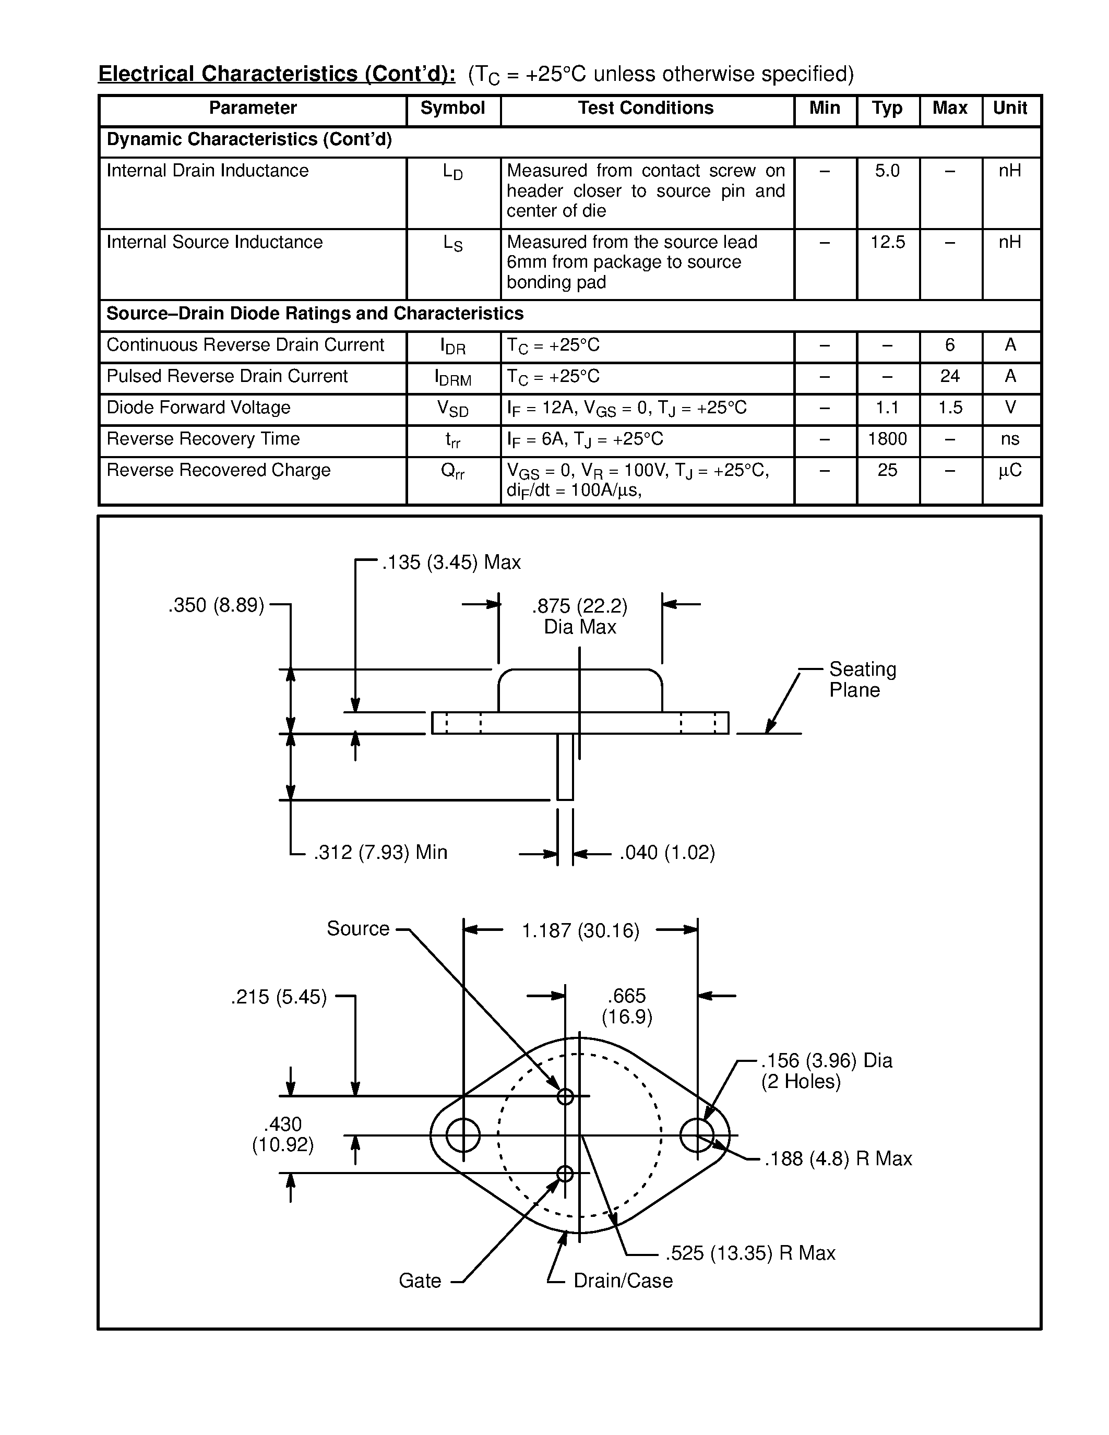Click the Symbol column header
tap(452, 109)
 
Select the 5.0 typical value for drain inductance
tap(887, 171)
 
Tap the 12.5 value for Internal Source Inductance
tap(888, 243)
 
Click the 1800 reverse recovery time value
tap(887, 439)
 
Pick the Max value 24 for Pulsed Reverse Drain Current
tap(949, 376)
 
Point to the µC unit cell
tap(1010, 471)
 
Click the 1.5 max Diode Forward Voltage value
tap(949, 408)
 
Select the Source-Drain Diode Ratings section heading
tap(315, 314)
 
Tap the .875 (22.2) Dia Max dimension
tap(579, 616)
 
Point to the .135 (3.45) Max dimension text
tap(451, 563)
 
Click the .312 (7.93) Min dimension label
tap(380, 852)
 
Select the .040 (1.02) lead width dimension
tap(666, 853)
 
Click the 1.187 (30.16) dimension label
tap(580, 930)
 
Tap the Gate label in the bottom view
tap(420, 1281)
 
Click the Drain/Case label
tap(622, 1281)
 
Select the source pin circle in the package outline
tap(565, 1097)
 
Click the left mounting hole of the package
tap(463, 1135)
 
